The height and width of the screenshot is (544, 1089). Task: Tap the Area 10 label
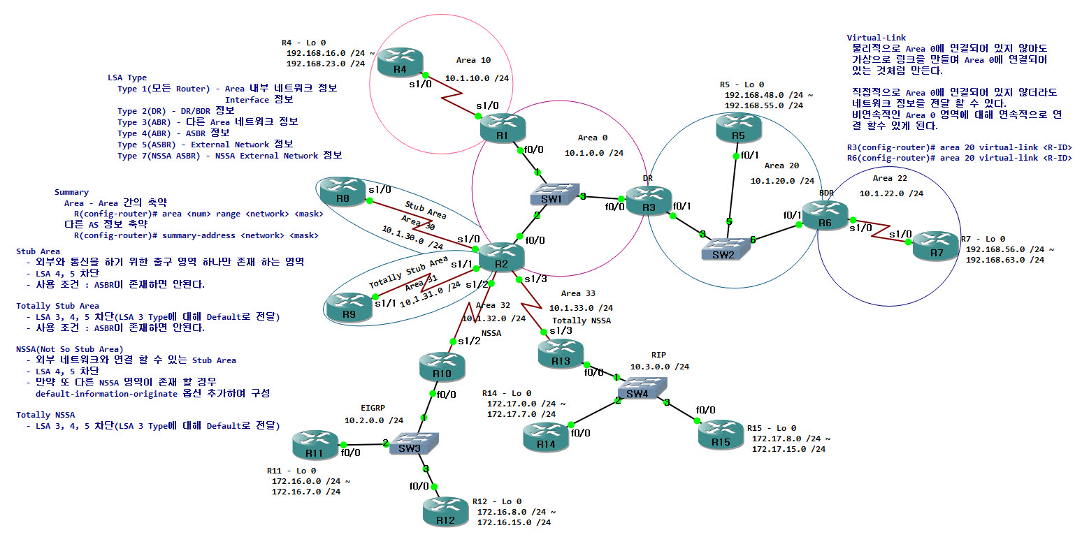pos(473,60)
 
